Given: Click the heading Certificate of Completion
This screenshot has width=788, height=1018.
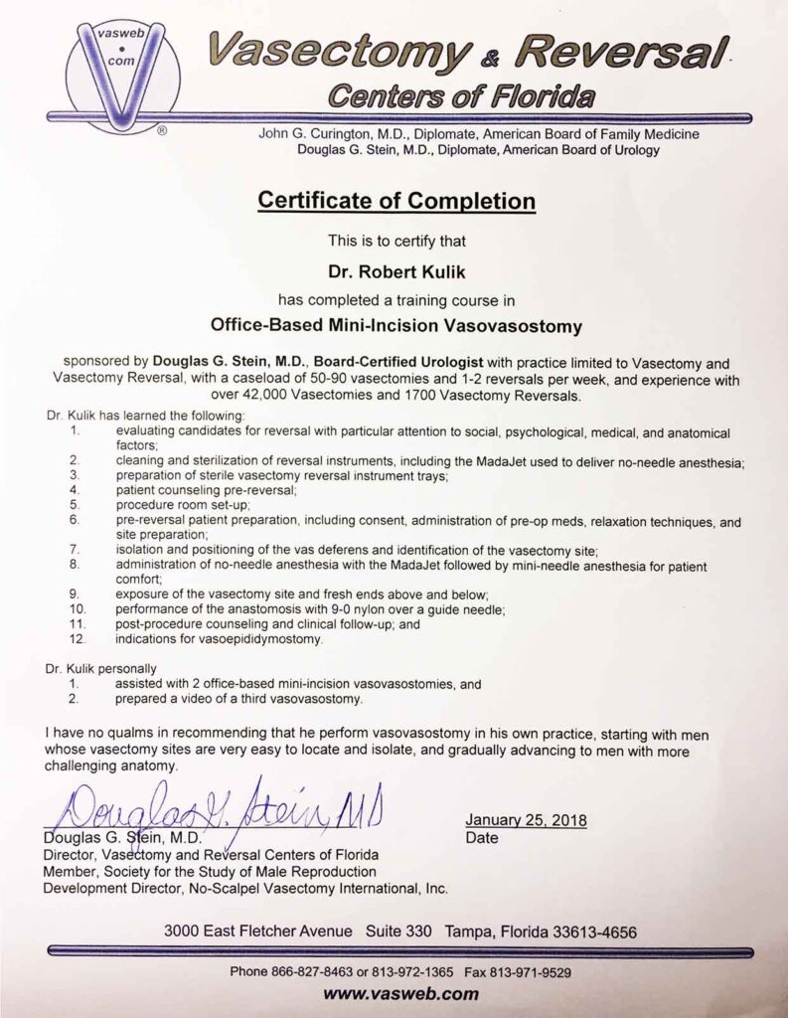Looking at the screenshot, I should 396,200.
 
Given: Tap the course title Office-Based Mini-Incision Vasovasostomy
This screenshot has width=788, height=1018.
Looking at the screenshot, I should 394,323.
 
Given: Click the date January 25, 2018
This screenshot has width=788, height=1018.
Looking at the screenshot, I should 526,820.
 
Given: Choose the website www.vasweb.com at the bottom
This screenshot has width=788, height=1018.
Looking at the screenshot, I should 394,993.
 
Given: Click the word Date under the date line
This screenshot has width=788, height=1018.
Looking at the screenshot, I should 481,838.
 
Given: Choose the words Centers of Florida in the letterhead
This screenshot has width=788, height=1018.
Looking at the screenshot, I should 462,96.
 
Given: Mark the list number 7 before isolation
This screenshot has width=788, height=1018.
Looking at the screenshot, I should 74,550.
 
